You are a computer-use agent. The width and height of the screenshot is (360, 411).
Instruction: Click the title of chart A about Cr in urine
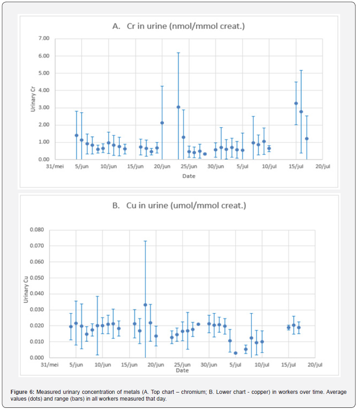click(x=178, y=26)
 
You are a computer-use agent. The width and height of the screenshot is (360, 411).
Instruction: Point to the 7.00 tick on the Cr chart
click(x=43, y=38)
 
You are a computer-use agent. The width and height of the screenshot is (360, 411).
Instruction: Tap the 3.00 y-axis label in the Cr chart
click(x=43, y=108)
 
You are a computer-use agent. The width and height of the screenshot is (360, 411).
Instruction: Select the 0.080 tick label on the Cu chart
click(x=36, y=230)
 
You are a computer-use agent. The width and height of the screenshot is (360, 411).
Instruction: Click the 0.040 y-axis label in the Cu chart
click(x=36, y=294)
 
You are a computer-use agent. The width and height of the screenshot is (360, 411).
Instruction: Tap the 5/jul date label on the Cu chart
click(x=235, y=365)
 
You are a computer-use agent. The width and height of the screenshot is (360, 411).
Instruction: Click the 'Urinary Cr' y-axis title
click(x=33, y=99)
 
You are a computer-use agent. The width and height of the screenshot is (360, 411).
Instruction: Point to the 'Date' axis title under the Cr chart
click(x=189, y=176)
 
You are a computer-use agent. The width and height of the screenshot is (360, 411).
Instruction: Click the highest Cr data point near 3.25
click(x=296, y=103)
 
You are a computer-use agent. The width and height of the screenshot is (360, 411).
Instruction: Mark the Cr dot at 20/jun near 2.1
click(x=162, y=123)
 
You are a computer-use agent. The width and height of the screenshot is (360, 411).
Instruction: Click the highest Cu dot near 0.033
click(x=145, y=305)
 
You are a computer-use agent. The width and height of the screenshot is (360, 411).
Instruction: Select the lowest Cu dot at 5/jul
click(x=235, y=353)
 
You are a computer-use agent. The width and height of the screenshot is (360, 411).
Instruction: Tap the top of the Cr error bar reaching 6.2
click(x=178, y=53)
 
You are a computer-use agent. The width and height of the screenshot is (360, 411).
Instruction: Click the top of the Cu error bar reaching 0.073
click(x=145, y=241)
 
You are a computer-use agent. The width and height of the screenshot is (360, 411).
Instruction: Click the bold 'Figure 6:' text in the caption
click(x=23, y=392)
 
